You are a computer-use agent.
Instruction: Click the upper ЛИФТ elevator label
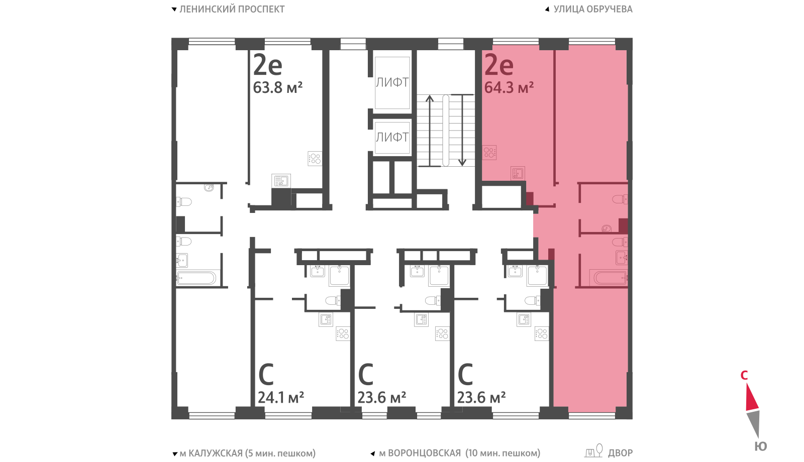(x=392, y=82)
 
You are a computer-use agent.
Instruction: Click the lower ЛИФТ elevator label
(x=392, y=137)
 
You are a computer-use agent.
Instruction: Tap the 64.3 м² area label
(x=509, y=87)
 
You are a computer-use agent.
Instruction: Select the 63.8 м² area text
(x=278, y=87)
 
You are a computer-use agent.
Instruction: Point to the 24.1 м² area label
(x=281, y=397)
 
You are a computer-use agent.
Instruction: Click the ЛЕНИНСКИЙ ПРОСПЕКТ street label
(x=232, y=9)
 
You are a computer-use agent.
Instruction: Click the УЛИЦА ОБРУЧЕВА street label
(x=593, y=9)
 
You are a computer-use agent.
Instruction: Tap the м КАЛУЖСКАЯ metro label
(x=211, y=453)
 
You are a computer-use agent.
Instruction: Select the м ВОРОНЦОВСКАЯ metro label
(x=420, y=453)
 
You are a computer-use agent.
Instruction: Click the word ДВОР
(x=620, y=453)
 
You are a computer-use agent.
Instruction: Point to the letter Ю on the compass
(x=761, y=446)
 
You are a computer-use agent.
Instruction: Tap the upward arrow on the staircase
(x=430, y=131)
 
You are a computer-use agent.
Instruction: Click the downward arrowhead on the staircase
(x=462, y=162)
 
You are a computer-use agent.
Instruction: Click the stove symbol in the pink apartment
(x=489, y=153)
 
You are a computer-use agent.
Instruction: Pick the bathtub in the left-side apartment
(x=196, y=278)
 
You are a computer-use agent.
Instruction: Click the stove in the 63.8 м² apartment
(x=315, y=159)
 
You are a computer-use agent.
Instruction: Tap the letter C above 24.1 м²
(x=266, y=374)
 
